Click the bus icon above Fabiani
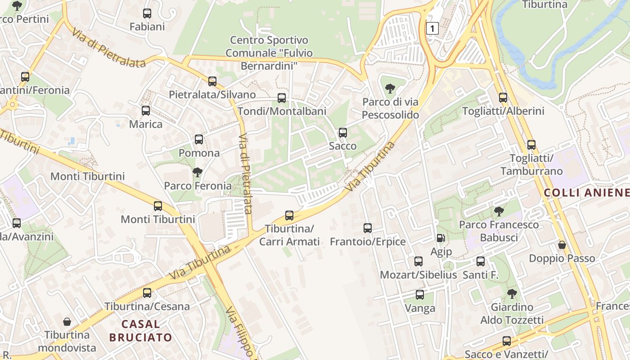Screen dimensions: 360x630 (147, 13)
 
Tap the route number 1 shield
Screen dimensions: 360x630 (432, 29)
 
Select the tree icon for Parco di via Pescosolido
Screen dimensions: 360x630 (390, 89)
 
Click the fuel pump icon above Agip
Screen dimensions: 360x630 (441, 238)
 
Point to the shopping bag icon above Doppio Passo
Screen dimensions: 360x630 (562, 245)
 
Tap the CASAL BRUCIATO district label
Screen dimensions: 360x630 (140, 330)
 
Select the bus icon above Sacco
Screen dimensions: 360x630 (343, 133)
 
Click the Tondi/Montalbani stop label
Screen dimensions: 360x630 (282, 111)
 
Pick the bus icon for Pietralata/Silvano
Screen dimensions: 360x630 (212, 81)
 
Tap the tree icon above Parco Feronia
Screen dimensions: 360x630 (197, 172)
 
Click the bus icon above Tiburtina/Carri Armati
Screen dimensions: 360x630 (289, 216)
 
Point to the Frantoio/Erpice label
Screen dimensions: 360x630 (368, 242)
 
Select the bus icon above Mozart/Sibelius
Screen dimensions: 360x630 (418, 261)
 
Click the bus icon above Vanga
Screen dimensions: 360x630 (420, 295)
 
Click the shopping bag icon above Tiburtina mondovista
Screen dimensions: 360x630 (67, 322)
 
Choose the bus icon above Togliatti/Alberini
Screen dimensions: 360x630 (503, 98)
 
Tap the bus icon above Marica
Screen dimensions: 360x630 (146, 111)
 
